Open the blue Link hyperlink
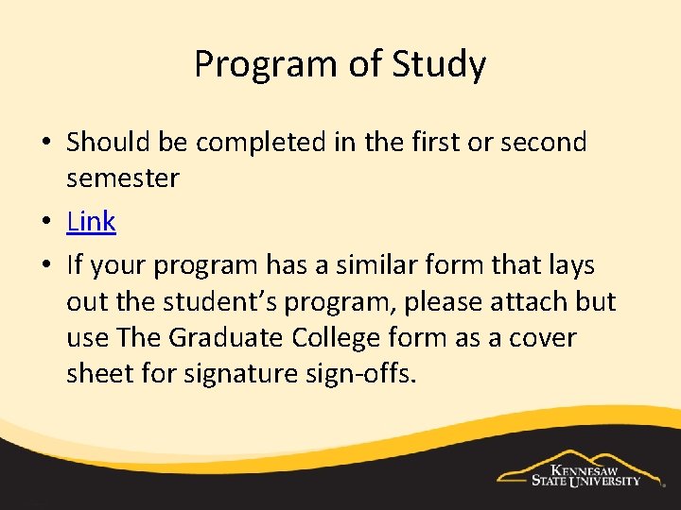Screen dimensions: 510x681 click(x=91, y=222)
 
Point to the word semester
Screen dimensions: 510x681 click(x=123, y=178)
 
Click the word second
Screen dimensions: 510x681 click(x=543, y=143)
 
